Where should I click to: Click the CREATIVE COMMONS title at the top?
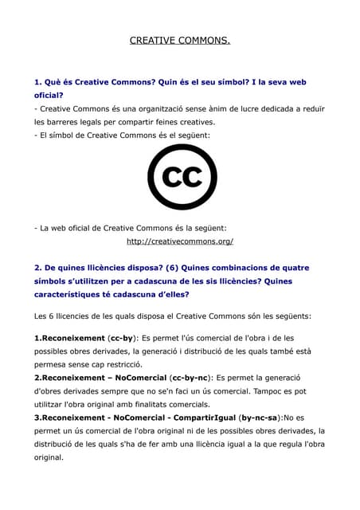pos(179,40)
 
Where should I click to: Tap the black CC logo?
pos(182,177)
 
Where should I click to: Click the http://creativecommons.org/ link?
pos(180,241)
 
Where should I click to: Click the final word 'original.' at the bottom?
pos(49,458)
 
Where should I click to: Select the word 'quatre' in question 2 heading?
pos(295,268)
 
